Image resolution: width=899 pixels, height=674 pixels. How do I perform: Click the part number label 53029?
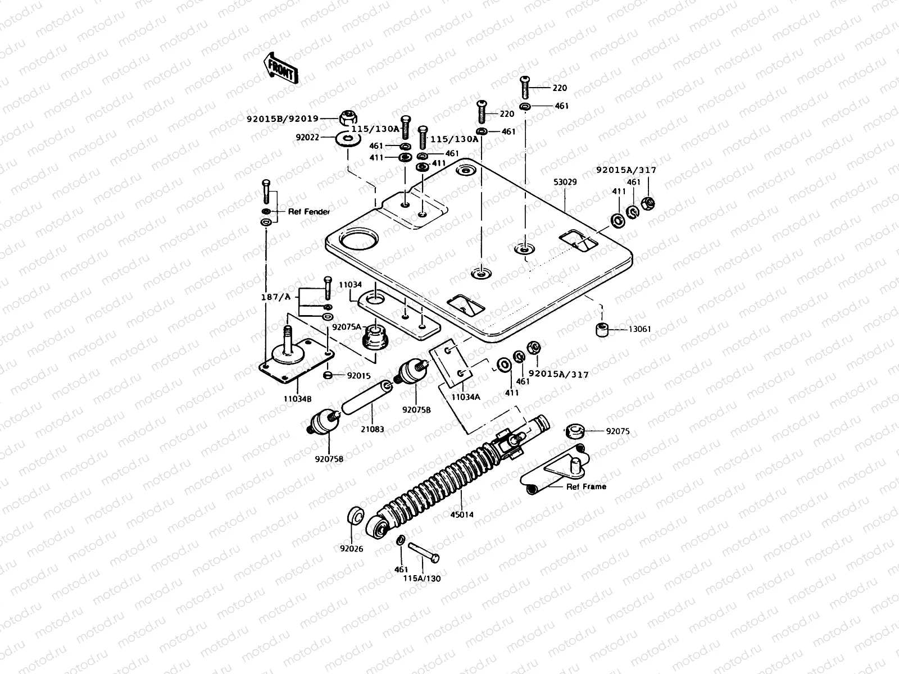[x=565, y=182]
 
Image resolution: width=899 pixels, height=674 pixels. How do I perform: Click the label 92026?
[x=352, y=548]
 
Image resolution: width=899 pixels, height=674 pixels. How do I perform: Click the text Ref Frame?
[x=586, y=486]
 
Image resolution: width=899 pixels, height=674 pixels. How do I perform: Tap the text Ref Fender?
[x=308, y=212]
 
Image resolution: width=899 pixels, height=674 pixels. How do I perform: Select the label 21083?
[x=373, y=429]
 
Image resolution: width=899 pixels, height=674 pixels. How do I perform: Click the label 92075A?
[x=347, y=326]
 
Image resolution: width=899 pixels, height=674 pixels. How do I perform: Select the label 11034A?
[x=466, y=397]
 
